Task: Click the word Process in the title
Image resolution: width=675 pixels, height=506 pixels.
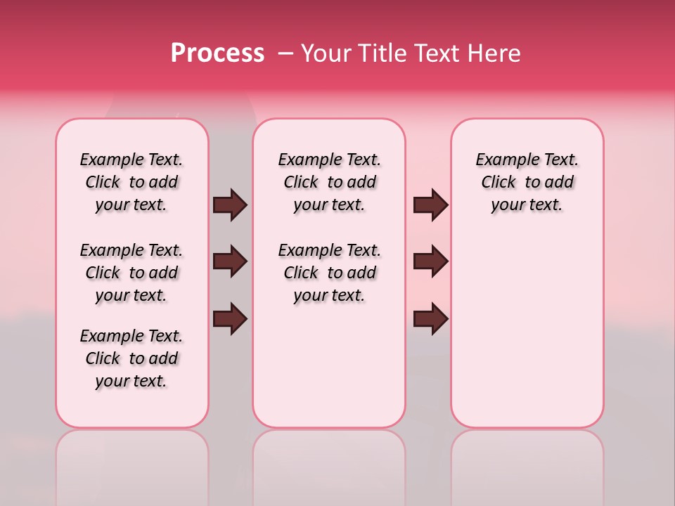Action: click(x=217, y=53)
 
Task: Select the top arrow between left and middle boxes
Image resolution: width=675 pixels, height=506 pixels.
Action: click(x=229, y=205)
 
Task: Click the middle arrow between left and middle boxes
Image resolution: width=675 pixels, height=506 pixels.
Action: click(x=229, y=261)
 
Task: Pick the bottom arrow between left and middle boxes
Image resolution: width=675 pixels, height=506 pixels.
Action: click(x=229, y=318)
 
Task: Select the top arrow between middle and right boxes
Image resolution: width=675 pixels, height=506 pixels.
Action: click(x=430, y=205)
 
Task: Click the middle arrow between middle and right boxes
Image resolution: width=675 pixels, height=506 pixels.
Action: click(x=430, y=261)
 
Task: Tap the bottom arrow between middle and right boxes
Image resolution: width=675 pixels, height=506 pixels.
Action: click(x=430, y=318)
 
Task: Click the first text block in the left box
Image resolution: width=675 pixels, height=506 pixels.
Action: click(x=131, y=183)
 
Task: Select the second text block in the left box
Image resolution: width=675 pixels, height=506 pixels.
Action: click(x=131, y=273)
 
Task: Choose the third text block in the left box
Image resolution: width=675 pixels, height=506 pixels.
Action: click(x=131, y=358)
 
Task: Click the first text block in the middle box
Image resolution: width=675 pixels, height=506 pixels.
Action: click(x=330, y=183)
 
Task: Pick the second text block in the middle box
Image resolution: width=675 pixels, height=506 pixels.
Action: click(x=330, y=273)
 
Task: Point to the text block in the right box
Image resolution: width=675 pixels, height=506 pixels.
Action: click(x=527, y=183)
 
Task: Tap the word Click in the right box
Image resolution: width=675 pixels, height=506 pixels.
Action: click(x=499, y=183)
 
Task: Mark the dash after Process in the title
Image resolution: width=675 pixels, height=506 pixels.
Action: click(x=286, y=54)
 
